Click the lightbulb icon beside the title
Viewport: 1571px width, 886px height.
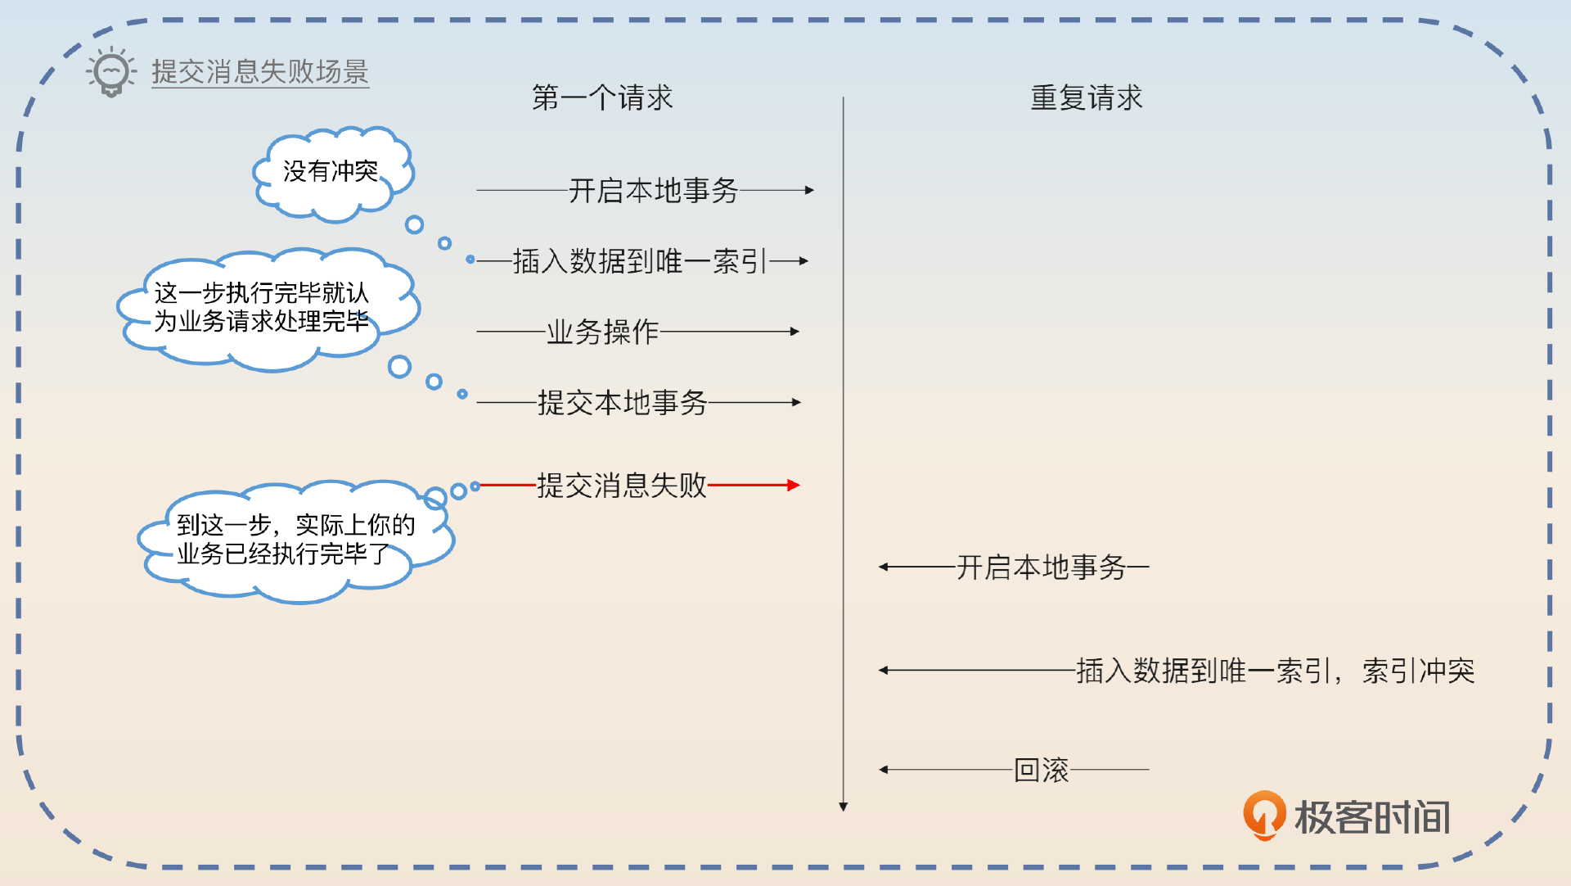pos(111,72)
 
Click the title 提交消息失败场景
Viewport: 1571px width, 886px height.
pos(260,72)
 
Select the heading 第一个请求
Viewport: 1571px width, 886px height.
pos(602,98)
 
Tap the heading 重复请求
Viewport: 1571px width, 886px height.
pos(1086,98)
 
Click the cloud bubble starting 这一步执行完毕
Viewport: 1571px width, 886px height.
pos(262,307)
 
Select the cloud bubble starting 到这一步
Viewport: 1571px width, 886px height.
pos(295,540)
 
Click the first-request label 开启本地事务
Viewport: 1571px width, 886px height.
pos(653,191)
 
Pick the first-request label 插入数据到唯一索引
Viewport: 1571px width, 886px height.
pos(640,261)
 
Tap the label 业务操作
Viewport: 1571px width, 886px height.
pos(602,332)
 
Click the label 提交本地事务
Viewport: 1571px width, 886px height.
pos(622,403)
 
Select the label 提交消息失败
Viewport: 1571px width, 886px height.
pos(622,486)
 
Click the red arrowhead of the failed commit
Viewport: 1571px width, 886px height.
pos(793,486)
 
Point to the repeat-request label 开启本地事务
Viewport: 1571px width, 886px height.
pos(1041,567)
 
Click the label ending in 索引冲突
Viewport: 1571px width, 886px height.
pos(1275,671)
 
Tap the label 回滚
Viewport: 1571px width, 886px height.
pos(1041,770)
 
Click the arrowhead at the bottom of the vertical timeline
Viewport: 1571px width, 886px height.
pos(844,807)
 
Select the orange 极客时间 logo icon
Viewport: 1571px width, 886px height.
pos(1264,815)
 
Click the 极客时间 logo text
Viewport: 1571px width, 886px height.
pos(1372,817)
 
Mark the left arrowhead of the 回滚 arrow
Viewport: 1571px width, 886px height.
pos(884,770)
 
